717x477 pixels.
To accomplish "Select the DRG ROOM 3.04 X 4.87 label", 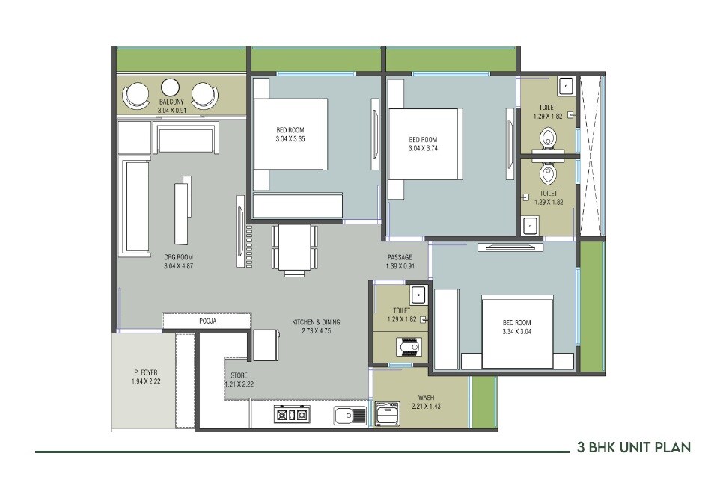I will (178, 261).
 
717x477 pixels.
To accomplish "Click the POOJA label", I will (207, 321).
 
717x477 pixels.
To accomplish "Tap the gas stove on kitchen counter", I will (291, 415).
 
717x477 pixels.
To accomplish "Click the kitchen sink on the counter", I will (349, 415).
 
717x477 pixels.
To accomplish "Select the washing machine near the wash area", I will (390, 415).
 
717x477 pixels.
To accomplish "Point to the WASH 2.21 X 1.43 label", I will (426, 402).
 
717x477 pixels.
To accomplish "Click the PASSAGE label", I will (400, 262).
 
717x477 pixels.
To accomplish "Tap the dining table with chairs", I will (294, 248).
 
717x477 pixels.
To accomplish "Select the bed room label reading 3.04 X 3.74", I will (423, 144).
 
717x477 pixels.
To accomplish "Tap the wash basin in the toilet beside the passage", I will (419, 292).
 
